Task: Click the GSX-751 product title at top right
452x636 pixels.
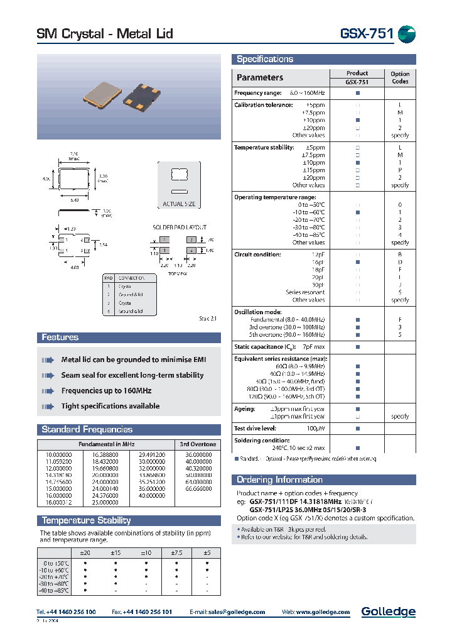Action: (367, 34)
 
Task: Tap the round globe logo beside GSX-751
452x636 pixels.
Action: (407, 34)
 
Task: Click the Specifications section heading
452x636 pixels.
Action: (264, 59)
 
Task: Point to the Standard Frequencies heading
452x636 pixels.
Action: (87, 430)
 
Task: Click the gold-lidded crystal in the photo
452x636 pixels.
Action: (102, 93)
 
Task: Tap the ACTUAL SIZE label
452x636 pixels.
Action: (179, 204)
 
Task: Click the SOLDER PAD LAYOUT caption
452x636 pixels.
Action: (180, 227)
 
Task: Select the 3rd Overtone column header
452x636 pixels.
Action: (198, 444)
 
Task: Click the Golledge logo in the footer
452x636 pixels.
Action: (388, 612)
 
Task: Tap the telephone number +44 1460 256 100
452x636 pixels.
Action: (66, 612)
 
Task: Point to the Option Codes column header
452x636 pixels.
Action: (400, 77)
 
